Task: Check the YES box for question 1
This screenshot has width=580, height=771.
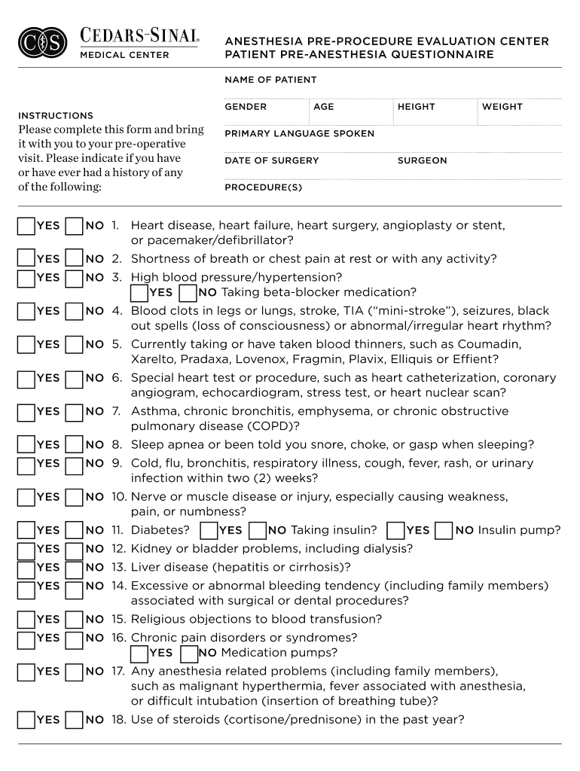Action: tap(26, 226)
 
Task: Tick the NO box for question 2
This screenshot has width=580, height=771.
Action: tap(75, 259)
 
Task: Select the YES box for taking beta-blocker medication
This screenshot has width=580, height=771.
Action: tap(139, 293)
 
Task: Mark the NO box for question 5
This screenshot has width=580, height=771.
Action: tap(75, 345)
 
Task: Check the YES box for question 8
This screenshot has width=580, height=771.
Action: tap(26, 445)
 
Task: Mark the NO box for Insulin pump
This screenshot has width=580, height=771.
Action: tap(444, 531)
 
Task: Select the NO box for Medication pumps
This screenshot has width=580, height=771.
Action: tap(188, 654)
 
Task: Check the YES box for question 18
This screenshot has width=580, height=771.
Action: tap(26, 721)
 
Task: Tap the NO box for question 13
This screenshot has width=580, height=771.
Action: tap(75, 568)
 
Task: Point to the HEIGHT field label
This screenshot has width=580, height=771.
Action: tap(416, 107)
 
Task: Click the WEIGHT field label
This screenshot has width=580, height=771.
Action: tap(502, 107)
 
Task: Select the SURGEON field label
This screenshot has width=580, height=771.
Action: tap(422, 160)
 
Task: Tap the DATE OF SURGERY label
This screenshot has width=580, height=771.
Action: tap(271, 160)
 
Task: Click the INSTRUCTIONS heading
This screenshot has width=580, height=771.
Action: tap(56, 116)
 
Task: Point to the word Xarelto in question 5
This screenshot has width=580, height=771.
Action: tap(152, 359)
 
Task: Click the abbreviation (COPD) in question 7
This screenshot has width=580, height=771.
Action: tap(275, 426)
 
